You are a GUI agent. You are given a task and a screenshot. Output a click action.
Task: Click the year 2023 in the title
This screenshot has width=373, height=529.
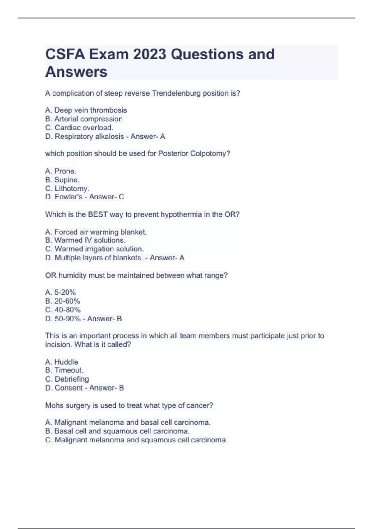click(150, 54)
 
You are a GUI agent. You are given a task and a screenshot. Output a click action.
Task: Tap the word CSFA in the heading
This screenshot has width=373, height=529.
click(65, 54)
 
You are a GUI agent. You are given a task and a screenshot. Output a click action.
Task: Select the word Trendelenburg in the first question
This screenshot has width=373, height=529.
click(176, 93)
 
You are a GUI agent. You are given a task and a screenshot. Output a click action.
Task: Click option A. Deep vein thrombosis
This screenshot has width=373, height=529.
click(86, 110)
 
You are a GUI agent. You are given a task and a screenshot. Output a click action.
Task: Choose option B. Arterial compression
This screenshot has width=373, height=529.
click(84, 119)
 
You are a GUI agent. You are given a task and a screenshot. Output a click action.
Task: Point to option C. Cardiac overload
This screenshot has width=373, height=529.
click(79, 128)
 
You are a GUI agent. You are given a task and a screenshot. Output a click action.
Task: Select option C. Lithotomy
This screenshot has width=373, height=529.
click(67, 189)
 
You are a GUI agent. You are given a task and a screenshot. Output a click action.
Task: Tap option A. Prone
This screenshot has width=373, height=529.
click(61, 171)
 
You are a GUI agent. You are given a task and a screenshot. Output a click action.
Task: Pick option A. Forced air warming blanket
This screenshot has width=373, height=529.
click(96, 232)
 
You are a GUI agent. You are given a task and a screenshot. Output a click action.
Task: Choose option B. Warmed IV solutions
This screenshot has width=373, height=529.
click(85, 240)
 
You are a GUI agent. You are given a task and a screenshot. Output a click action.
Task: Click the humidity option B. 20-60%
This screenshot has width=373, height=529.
click(62, 301)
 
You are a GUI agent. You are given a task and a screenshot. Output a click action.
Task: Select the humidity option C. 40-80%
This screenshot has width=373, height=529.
click(63, 310)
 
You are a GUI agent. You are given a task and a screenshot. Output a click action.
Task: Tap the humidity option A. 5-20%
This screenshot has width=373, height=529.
click(60, 292)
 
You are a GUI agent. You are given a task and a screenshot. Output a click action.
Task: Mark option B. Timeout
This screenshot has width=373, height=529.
click(64, 370)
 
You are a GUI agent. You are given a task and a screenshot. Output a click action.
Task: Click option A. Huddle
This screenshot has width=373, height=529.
click(62, 362)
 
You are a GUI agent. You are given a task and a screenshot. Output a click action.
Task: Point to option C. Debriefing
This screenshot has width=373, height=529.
click(67, 379)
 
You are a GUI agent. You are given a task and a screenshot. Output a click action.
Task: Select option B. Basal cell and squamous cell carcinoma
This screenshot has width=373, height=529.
click(117, 431)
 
